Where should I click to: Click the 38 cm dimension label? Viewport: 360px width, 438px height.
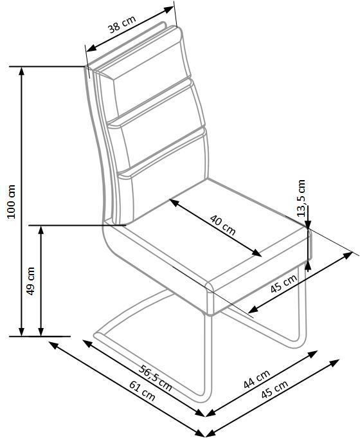point(122,24)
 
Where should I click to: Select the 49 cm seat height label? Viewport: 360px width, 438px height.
point(31,280)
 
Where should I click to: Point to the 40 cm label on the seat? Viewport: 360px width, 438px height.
point(223,225)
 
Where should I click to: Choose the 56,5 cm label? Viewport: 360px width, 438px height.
point(156,378)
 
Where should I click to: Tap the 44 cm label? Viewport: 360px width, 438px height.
point(256,378)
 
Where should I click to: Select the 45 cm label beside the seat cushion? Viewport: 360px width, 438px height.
point(283,283)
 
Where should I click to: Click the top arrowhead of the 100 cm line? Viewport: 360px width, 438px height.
point(21,71)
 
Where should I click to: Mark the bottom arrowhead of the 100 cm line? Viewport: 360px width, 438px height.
point(21,332)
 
